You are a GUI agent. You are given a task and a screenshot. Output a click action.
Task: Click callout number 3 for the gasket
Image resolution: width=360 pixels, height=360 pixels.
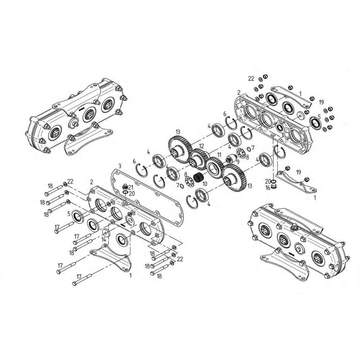point(120,166)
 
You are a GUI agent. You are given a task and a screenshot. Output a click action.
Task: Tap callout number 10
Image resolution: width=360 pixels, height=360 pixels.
point(204,184)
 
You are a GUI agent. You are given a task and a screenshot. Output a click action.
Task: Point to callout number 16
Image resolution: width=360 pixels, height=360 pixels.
point(268,188)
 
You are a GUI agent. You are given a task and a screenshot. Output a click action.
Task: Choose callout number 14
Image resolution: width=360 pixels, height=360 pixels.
point(104,239)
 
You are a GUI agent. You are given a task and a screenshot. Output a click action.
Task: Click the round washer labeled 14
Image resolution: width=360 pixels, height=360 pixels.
point(106,232)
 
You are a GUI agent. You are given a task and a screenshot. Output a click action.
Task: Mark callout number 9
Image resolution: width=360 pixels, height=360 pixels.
point(238,161)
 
